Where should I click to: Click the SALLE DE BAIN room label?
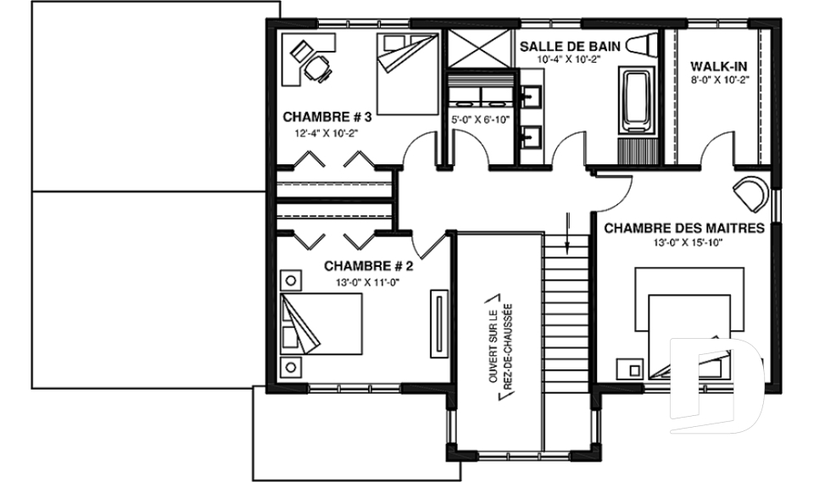pyautogui.click(x=570, y=47)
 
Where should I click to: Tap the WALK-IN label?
pyautogui.click(x=719, y=66)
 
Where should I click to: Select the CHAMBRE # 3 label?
pyautogui.click(x=327, y=117)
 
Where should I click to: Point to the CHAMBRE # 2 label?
pyautogui.click(x=369, y=266)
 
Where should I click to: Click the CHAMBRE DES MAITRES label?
pyautogui.click(x=684, y=228)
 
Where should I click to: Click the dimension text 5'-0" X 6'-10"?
pyautogui.click(x=481, y=119)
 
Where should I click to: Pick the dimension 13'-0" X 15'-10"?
pyautogui.click(x=689, y=242)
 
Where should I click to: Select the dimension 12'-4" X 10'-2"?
pyautogui.click(x=327, y=133)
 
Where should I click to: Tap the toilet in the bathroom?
pyautogui.click(x=642, y=46)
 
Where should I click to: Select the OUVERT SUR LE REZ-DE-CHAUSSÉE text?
pyautogui.click(x=501, y=346)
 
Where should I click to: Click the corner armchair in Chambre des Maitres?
pyautogui.click(x=750, y=194)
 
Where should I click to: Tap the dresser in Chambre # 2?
pyautogui.click(x=439, y=323)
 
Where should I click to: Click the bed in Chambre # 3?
pyautogui.click(x=408, y=75)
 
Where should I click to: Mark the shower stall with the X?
pyautogui.click(x=479, y=48)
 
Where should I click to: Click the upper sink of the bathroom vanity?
pyautogui.click(x=531, y=97)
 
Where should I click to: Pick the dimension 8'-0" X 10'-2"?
pyautogui.click(x=720, y=80)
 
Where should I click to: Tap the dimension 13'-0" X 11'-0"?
pyautogui.click(x=368, y=282)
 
